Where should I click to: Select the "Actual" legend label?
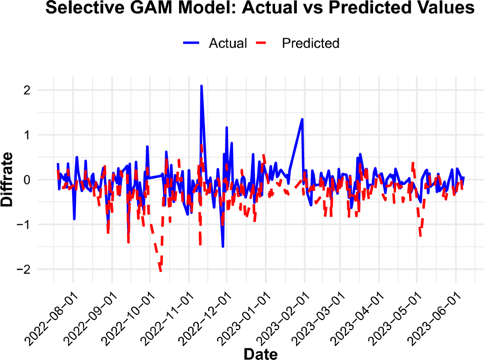click(227, 43)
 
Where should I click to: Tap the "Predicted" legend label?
click(311, 43)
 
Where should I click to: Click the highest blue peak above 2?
click(201, 86)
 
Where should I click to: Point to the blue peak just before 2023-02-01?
click(302, 119)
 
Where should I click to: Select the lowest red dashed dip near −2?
click(160, 271)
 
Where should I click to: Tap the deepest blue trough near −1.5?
click(223, 246)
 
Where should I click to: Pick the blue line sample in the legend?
click(193, 43)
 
